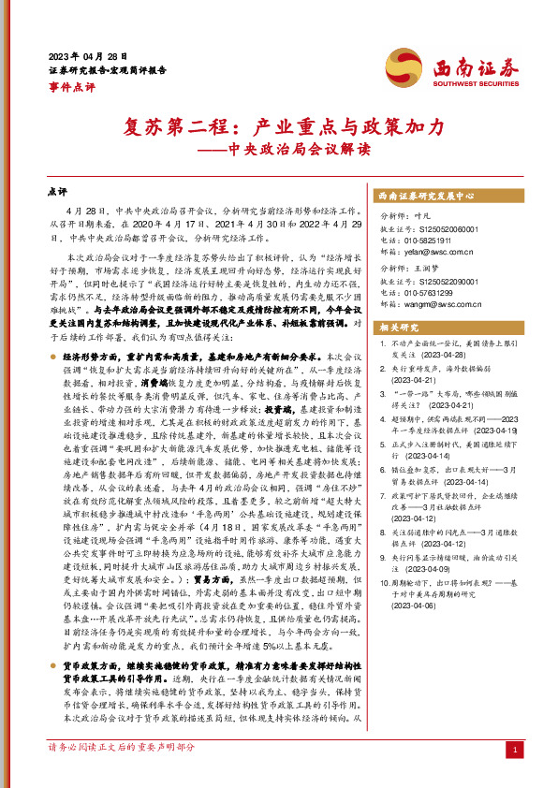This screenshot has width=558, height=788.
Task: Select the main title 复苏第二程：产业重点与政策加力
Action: [x=278, y=126]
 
